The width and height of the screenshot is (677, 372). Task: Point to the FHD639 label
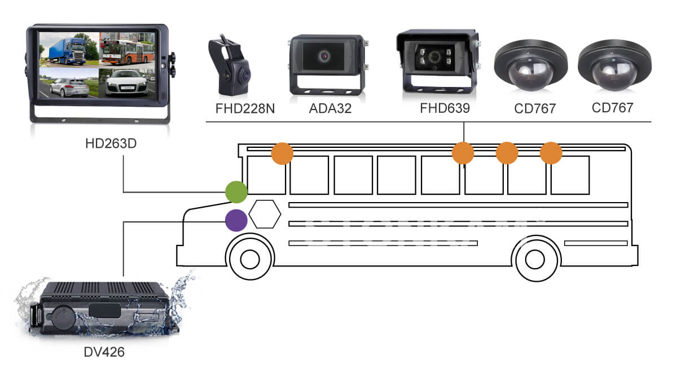point(445,108)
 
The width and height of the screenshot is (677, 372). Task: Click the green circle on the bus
point(236,192)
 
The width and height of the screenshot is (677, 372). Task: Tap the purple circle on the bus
point(236,220)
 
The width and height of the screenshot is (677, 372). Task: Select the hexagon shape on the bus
point(265,214)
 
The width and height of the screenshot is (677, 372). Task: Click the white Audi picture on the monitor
point(126,82)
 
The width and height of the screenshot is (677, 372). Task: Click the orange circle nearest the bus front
point(283,154)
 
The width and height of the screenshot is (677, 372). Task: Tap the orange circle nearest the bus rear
point(551,154)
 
